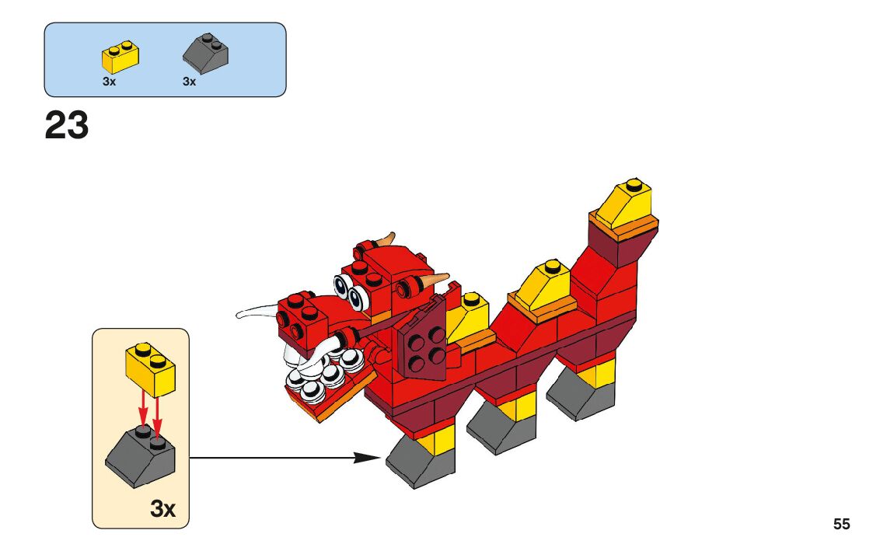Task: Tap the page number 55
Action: tap(841, 524)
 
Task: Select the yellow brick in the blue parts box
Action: tap(120, 57)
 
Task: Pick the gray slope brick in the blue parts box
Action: tap(205, 54)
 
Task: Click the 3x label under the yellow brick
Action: tap(109, 82)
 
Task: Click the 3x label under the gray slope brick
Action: tap(190, 82)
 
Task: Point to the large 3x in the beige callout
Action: tap(162, 508)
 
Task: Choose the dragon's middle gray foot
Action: tap(501, 427)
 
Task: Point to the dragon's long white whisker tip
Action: tap(239, 316)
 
